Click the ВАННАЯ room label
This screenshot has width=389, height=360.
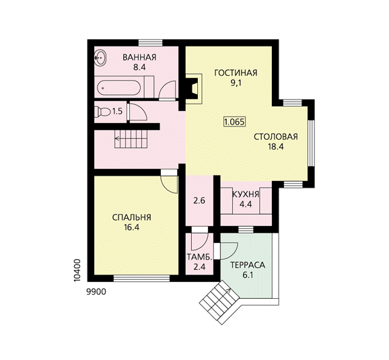139,57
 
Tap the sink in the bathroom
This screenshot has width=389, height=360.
100,58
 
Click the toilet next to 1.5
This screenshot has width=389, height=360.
102,112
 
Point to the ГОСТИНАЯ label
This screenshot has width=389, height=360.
236,73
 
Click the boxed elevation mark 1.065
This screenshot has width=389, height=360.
234,122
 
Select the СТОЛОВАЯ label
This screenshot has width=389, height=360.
276,137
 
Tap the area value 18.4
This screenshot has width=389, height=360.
276,147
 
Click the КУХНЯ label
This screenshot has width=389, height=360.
246,194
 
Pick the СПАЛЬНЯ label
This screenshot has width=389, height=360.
132,217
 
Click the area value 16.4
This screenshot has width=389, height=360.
132,227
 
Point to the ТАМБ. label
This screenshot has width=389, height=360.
199,257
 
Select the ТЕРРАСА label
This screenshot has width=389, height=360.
248,265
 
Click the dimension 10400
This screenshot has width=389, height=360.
77,271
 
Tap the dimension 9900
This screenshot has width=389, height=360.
96,292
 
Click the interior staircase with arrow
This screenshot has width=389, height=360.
131,139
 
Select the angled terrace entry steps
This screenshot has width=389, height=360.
219,302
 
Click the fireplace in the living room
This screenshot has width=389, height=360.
194,88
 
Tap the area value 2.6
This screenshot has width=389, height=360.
199,201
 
